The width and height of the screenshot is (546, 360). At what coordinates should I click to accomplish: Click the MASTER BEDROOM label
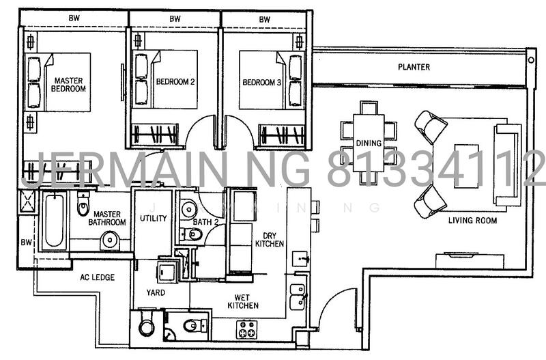pos(69,85)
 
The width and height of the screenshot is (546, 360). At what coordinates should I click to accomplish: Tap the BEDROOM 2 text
pos(175,82)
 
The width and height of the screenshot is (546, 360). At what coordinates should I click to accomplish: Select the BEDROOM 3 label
pos(261,83)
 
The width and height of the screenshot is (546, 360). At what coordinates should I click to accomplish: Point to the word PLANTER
pos(414,67)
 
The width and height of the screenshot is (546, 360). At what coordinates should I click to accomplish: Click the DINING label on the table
pos(369,143)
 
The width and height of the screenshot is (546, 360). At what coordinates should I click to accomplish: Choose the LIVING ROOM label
pos(472,221)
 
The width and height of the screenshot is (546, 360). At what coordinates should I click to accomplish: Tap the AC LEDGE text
pos(97,277)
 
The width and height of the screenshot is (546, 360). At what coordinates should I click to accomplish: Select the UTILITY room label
pos(153,218)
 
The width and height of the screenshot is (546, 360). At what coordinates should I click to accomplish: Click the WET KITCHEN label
pos(243,301)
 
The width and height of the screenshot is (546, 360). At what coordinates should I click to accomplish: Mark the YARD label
pos(155,292)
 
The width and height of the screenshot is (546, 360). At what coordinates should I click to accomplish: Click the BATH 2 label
pos(205,222)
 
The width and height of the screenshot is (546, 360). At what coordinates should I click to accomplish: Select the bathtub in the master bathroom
pos(53,221)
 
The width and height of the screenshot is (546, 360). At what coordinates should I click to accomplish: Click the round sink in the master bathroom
pos(109,240)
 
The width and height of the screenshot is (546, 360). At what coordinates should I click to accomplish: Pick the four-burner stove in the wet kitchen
pos(246,329)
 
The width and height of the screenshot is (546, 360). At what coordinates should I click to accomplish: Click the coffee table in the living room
pos(466,165)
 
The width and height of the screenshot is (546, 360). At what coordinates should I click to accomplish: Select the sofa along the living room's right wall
pos(508,165)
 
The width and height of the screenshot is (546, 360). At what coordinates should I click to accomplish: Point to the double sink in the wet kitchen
pos(297,296)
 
